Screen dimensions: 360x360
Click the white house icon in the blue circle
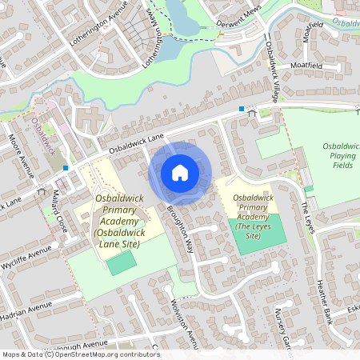(180, 172)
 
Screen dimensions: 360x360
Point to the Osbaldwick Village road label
(271, 73)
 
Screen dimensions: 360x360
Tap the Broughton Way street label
(181, 230)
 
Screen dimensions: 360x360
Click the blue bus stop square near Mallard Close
(65, 168)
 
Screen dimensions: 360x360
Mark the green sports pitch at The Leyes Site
(256, 245)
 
